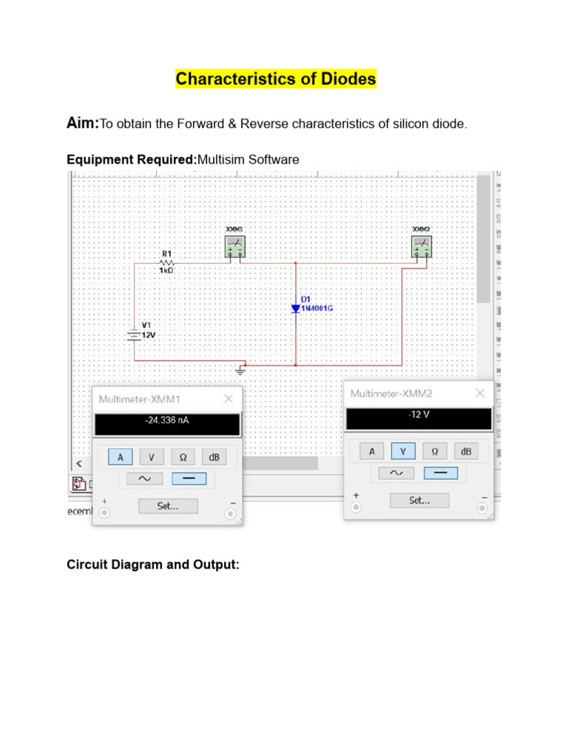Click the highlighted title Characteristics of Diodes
pyautogui.click(x=276, y=79)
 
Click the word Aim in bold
pyautogui.click(x=83, y=124)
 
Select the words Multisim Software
pyautogui.click(x=248, y=159)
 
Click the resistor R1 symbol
pyautogui.click(x=167, y=262)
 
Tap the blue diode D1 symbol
pyautogui.click(x=296, y=308)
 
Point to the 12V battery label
pyautogui.click(x=148, y=334)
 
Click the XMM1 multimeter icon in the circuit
pyautogui.click(x=235, y=246)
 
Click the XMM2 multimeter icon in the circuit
pyautogui.click(x=422, y=246)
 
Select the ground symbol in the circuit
pyautogui.click(x=240, y=370)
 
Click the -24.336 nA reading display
pyautogui.click(x=167, y=424)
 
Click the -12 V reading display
pyautogui.click(x=419, y=418)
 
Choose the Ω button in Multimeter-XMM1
pyautogui.click(x=183, y=457)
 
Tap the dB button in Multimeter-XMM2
pyautogui.click(x=466, y=451)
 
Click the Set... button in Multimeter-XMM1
pyautogui.click(x=168, y=506)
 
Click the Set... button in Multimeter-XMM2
pyautogui.click(x=419, y=500)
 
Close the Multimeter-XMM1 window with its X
pyautogui.click(x=228, y=399)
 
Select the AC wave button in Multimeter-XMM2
pyautogui.click(x=396, y=473)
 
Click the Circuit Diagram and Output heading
pyautogui.click(x=153, y=565)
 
